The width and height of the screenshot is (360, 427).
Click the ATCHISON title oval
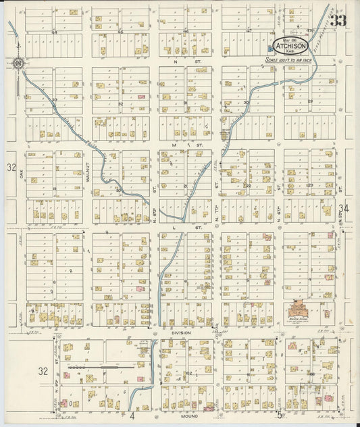coord(290,46)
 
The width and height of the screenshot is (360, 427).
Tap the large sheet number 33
coord(338,20)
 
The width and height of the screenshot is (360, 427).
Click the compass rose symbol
coord(17,64)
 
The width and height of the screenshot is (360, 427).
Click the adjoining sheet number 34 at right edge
coord(344,208)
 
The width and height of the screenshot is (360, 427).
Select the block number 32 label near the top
coord(120,104)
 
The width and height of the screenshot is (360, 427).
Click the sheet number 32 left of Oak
coord(10,167)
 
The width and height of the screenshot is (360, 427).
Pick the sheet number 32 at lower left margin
coord(43,370)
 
